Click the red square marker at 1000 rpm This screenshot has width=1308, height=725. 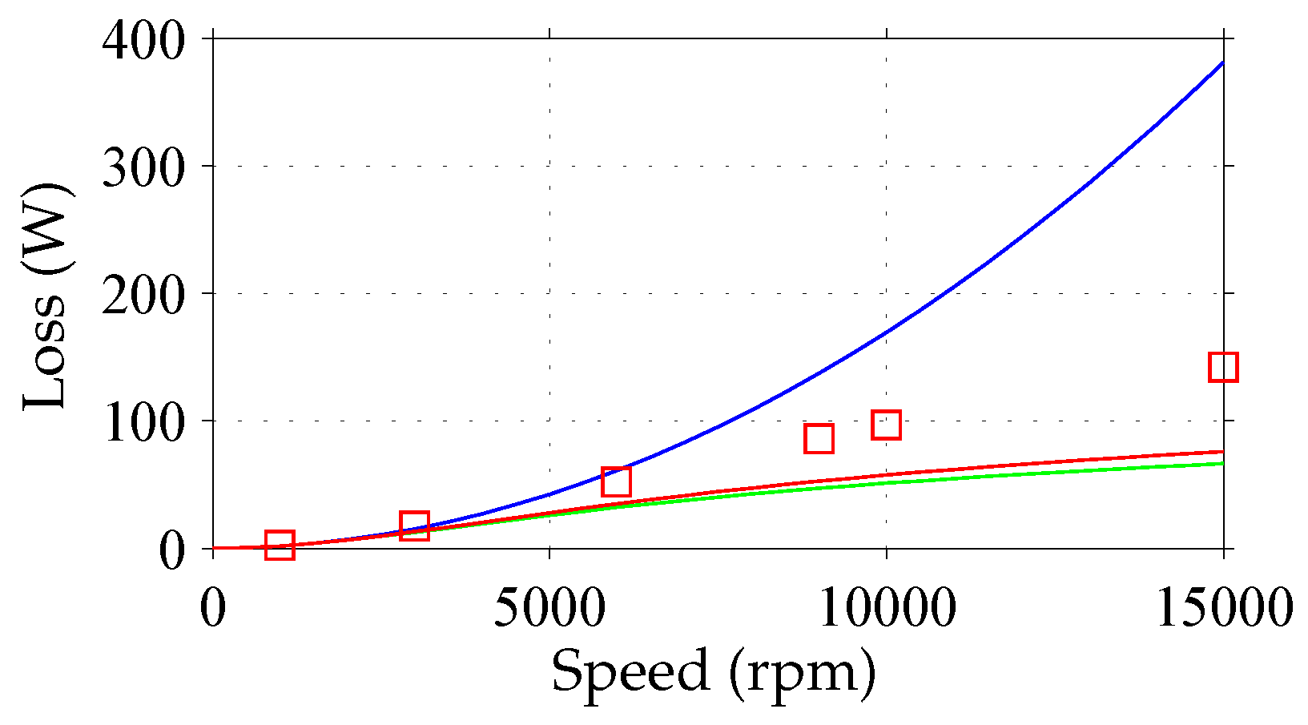coord(280,545)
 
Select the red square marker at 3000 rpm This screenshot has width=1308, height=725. coord(414,526)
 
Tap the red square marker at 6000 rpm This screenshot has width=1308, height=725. coord(616,481)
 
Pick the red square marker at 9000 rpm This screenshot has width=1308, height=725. coord(819,438)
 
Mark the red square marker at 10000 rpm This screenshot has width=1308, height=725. coord(886,425)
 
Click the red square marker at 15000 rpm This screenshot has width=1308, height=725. coord(1223,367)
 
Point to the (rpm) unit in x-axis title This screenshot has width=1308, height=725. coord(803,673)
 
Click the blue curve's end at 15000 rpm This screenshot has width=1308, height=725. coord(1222,62)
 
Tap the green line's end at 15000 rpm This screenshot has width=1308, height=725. coord(1222,463)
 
